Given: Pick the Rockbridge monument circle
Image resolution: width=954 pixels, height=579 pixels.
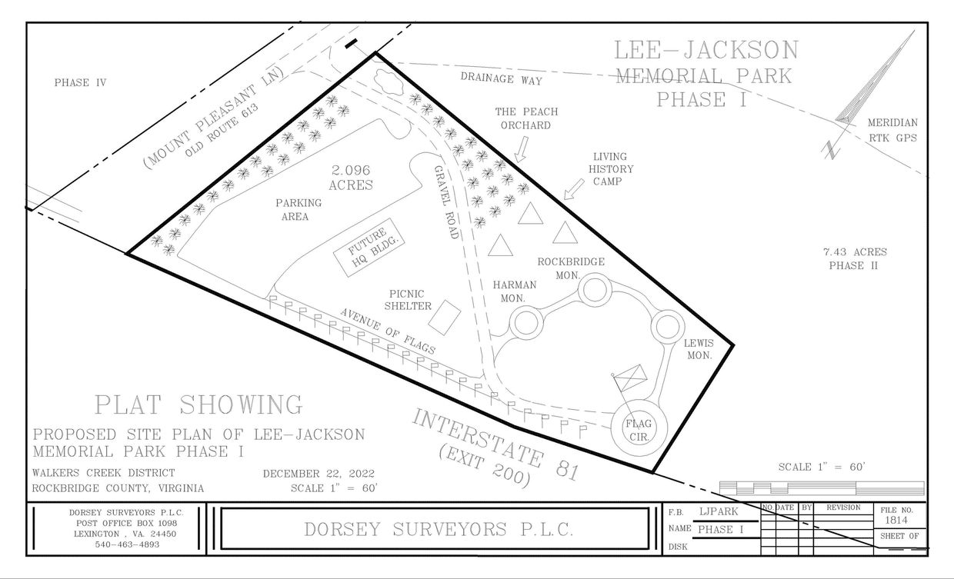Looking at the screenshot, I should (593, 291).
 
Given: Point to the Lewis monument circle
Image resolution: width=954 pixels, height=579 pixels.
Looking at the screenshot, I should (666, 326).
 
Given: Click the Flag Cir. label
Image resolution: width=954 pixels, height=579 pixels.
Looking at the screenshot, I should (638, 430).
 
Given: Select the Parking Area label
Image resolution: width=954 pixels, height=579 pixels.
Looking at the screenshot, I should (299, 210).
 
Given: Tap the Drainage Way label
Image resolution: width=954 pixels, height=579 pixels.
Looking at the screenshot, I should (501, 79).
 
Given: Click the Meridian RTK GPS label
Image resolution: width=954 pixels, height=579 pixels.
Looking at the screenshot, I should (892, 130).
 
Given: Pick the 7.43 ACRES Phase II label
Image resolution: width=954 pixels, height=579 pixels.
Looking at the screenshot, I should (854, 258).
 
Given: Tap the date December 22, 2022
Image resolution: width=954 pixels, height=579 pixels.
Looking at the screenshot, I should (319, 473).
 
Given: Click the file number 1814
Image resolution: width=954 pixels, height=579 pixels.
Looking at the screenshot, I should (896, 521).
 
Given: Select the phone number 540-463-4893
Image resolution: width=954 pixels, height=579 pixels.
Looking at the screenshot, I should (117, 544).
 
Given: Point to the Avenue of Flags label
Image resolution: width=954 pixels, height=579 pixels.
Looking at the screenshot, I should (388, 331).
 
